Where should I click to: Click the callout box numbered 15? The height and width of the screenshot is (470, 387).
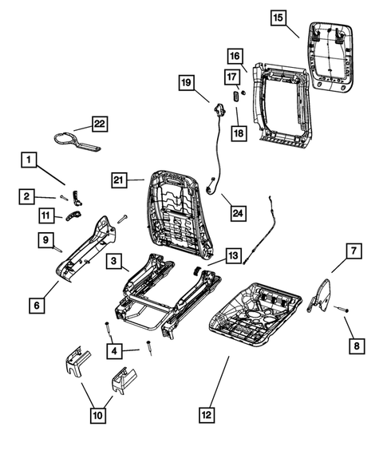(277, 18)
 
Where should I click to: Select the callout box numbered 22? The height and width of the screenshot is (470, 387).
(99, 124)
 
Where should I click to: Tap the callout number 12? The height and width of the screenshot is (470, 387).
(208, 413)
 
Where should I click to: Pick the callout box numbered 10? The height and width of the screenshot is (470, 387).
(97, 414)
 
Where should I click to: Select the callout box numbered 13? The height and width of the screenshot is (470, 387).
(232, 255)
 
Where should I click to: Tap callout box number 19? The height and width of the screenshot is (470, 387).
(185, 82)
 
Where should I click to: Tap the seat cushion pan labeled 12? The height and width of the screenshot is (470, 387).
(255, 311)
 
